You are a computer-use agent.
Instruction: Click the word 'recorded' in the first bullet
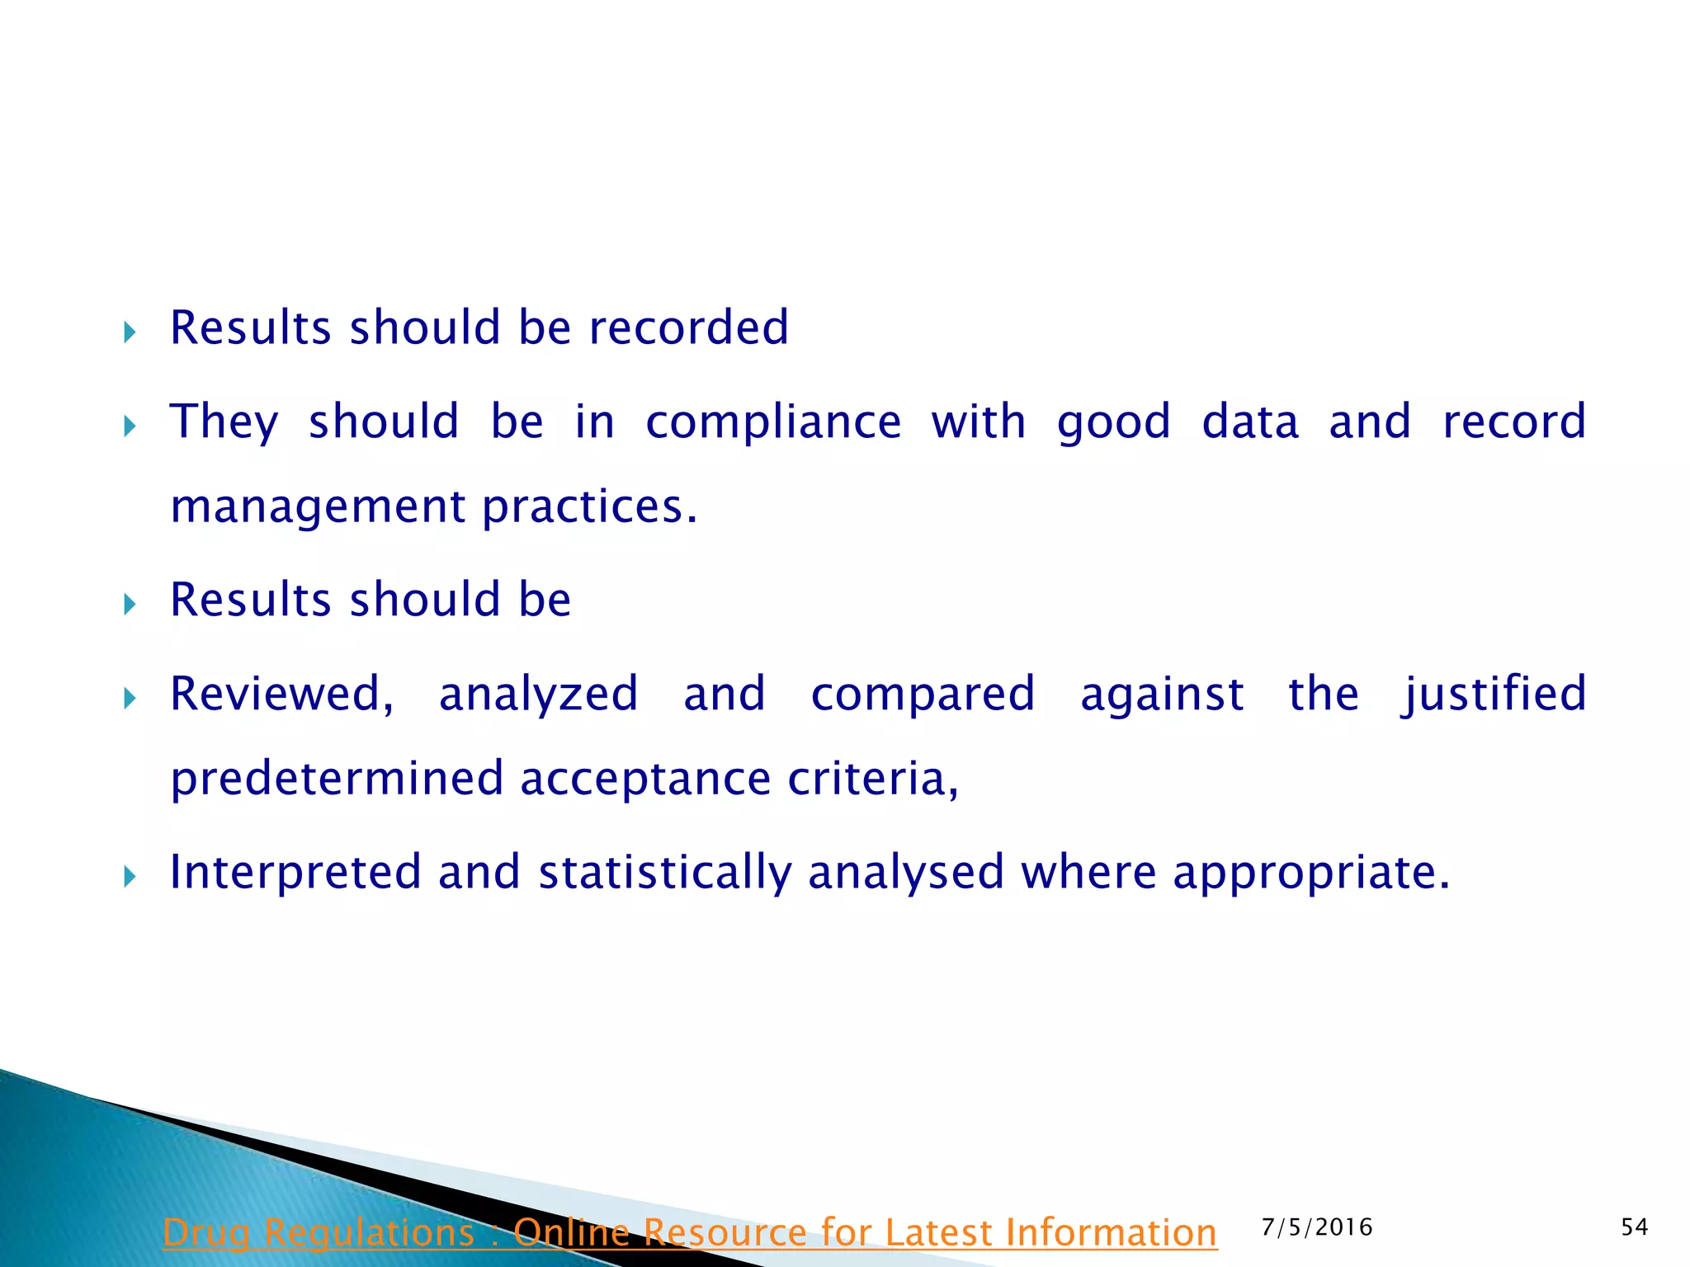pos(688,327)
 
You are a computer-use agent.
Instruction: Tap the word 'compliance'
pos(773,422)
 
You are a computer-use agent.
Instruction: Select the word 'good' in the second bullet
pos(1113,422)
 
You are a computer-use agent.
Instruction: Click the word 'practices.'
pos(590,507)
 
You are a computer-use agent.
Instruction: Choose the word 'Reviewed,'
pos(281,694)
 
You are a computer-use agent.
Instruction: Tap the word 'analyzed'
pos(538,695)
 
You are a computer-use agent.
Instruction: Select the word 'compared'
pos(923,695)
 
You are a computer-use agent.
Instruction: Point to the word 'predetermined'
pos(337,780)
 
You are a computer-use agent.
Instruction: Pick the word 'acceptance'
pos(645,780)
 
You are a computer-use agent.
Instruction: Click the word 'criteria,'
pos(873,778)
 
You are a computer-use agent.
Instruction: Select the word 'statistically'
pos(665,873)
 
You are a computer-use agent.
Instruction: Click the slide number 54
pos(1634,1227)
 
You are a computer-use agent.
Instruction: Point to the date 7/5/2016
pos(1317,1227)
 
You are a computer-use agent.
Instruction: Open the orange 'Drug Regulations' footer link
pos(689,1233)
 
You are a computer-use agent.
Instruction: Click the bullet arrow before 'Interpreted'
pos(130,876)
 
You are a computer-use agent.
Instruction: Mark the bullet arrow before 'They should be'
pos(130,426)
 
